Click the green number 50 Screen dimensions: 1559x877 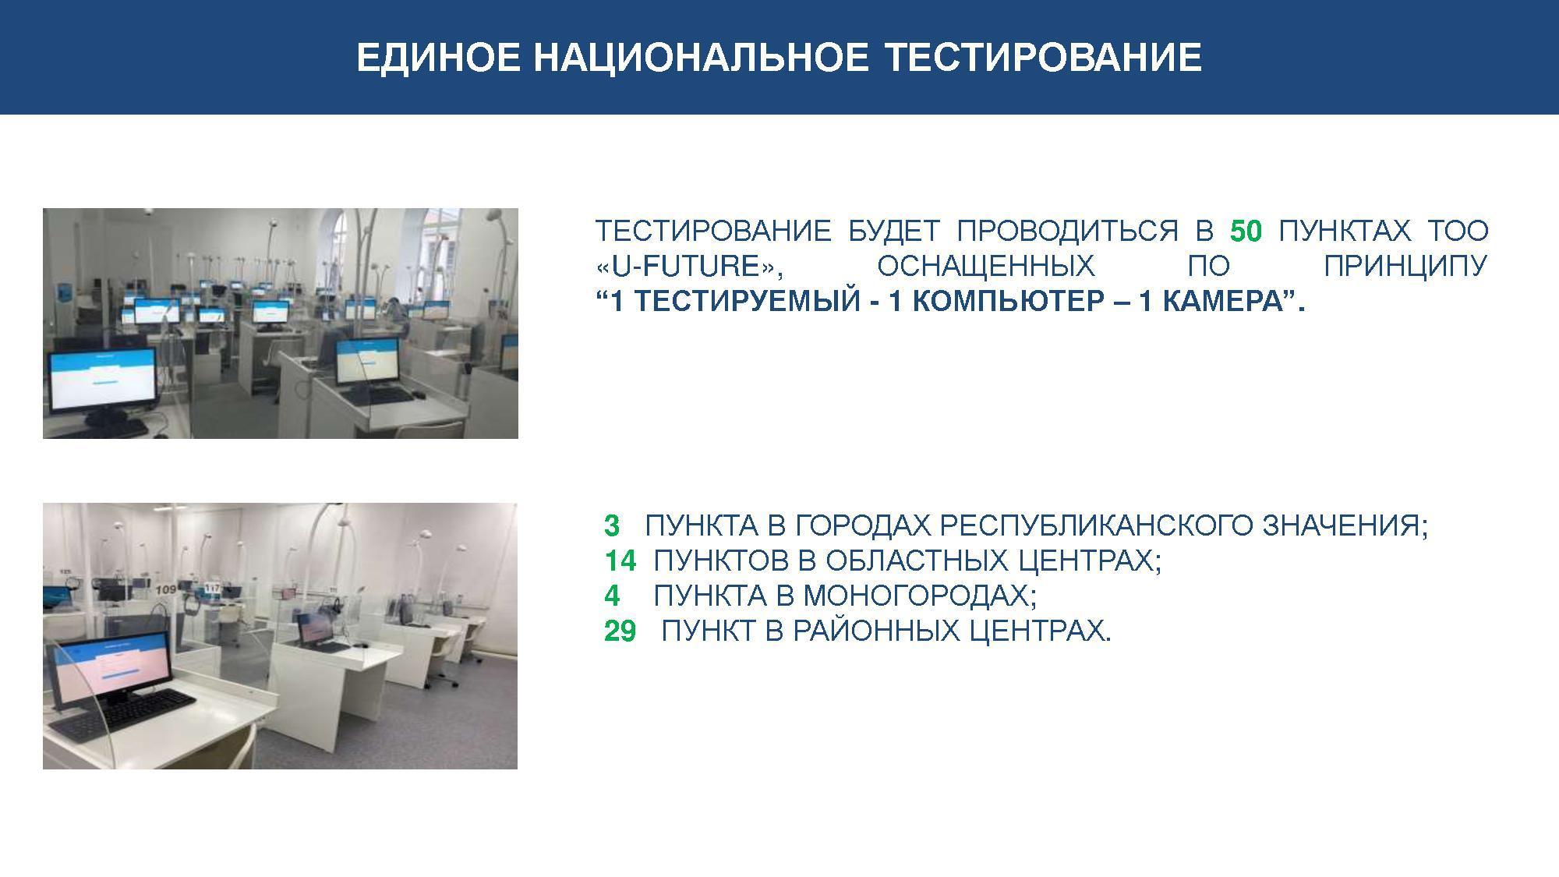pos(1246,231)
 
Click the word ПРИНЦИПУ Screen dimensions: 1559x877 pos(1405,267)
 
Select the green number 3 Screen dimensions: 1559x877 pos(612,526)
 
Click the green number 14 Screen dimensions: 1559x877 pos(620,561)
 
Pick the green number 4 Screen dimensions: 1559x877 pos(612,596)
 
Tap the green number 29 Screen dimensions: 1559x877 pos(620,631)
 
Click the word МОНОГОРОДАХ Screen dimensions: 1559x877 pos(920,596)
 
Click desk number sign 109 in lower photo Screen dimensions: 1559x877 pos(165,590)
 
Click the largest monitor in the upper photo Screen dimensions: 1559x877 pos(104,380)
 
